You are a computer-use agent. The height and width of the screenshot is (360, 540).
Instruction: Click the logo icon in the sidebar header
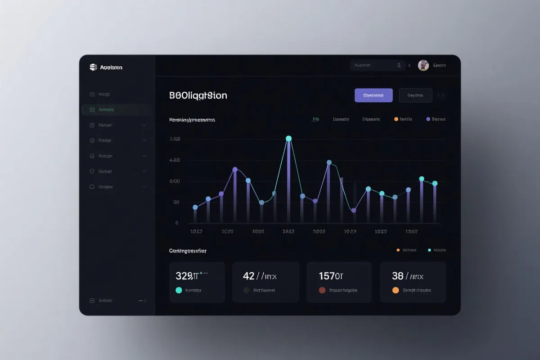coord(93,67)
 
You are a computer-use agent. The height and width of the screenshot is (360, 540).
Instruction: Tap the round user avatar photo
coord(423,65)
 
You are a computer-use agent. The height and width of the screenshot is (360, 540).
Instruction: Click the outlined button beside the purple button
coord(415,95)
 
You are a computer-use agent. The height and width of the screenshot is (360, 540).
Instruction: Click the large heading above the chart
coord(198,95)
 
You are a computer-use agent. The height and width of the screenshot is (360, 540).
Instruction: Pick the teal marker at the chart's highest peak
coord(289,139)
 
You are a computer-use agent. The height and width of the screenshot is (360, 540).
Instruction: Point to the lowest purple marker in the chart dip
coord(354,210)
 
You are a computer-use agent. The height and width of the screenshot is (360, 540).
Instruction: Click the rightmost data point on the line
coord(435,183)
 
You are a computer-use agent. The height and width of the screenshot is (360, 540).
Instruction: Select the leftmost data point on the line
coord(195,207)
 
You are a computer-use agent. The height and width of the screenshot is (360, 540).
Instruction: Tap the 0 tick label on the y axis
coord(177,223)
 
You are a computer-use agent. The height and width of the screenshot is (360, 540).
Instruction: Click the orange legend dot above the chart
coord(396,119)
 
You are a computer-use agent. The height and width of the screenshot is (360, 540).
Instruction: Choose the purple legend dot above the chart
coord(428,119)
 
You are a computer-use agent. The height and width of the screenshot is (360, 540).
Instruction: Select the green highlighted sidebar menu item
coord(117,109)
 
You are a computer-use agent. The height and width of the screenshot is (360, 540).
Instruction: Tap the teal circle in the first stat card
coord(179,290)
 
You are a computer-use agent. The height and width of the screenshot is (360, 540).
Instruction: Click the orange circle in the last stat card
coord(396,290)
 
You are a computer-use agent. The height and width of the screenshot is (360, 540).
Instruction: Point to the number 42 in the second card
coord(248,276)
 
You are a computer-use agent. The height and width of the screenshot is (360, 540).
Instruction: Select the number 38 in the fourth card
coord(397,276)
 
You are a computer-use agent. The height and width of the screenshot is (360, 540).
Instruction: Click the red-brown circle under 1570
coord(322,290)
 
